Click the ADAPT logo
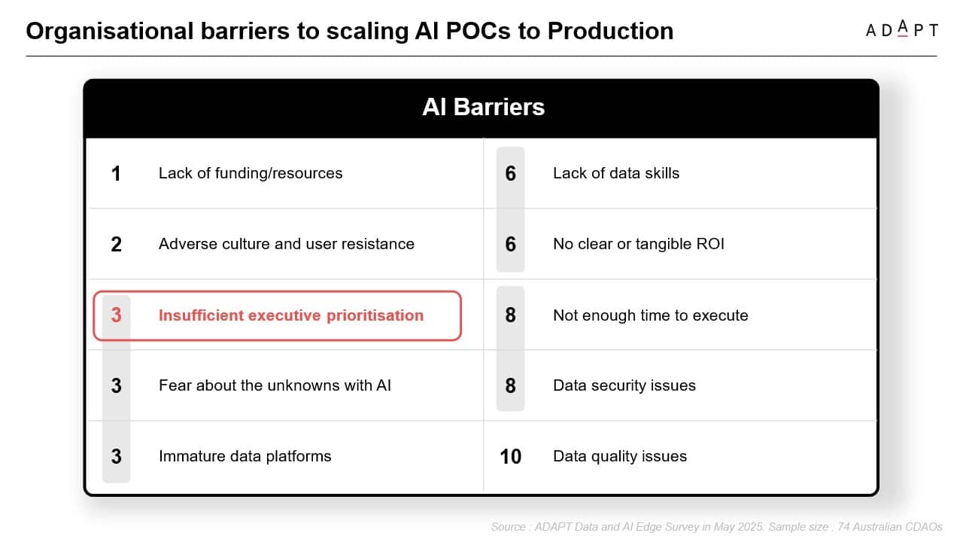901,29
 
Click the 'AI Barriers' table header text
483,107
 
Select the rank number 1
116,174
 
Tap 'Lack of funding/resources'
251,173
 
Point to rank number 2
116,245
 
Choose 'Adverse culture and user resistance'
287,244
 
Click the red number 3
116,315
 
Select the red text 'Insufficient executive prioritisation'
291,315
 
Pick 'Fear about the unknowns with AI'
275,385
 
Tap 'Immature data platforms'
245,456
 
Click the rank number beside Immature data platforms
116,456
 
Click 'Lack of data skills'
616,173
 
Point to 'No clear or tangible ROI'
639,244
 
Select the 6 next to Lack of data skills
510,173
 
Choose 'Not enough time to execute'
651,315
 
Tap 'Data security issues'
624,386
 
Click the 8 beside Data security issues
510,386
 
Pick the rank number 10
510,456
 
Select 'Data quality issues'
620,456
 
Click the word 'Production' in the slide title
610,31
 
